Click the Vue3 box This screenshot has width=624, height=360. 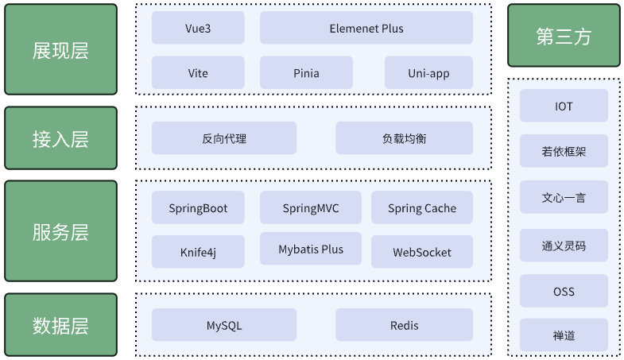[x=198, y=28]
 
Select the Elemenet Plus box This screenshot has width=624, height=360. [x=366, y=28]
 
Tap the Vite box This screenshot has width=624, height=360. [x=198, y=72]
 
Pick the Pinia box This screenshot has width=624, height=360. [x=306, y=72]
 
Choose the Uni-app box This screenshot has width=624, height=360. [x=428, y=72]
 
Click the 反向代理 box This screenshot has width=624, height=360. [x=224, y=138]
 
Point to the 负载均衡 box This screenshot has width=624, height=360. [x=404, y=138]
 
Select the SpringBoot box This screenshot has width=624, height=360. [x=198, y=207]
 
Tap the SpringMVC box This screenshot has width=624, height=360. [x=310, y=207]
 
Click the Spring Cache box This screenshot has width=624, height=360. [x=422, y=207]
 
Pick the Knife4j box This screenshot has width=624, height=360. [x=198, y=251]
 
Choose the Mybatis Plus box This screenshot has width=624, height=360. [x=310, y=249]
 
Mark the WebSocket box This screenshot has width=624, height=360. [x=422, y=251]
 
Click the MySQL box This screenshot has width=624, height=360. [x=224, y=324]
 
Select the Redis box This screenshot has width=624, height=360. [x=404, y=324]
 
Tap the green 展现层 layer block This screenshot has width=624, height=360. [x=61, y=49]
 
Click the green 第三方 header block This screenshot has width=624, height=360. [x=564, y=36]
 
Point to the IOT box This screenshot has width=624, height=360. [x=564, y=106]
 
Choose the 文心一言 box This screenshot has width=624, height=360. [x=564, y=197]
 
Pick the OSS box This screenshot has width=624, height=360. [x=564, y=291]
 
